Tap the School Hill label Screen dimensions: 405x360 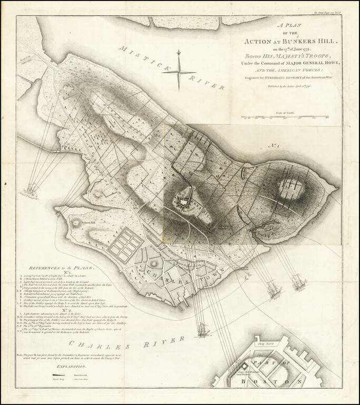[81, 223]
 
